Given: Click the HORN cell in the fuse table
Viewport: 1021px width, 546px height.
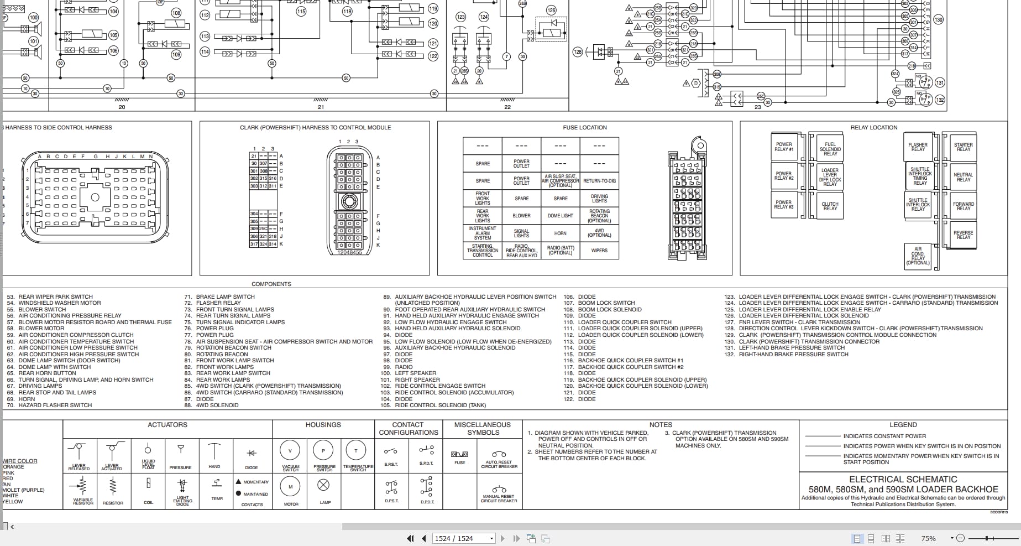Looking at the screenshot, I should coord(561,233).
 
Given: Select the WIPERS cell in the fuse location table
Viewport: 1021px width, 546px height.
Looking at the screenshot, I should coord(599,251).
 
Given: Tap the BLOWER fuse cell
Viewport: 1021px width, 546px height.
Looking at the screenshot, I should coord(521,216).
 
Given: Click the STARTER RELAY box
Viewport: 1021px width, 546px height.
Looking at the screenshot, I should coord(964,147).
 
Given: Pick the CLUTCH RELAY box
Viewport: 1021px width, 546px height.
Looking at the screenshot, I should coord(830,206).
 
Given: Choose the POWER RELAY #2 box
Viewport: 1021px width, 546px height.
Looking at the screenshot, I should coord(783,176).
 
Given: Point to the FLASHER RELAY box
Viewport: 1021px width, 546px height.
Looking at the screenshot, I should coord(918,147).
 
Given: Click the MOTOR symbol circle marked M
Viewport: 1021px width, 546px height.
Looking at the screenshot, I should coord(291,487).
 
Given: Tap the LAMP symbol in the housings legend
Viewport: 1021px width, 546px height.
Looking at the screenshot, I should coord(324,486).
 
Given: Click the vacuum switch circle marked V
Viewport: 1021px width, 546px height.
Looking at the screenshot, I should coord(290,450).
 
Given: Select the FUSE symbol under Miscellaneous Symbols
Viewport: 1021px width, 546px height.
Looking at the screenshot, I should coord(459,454).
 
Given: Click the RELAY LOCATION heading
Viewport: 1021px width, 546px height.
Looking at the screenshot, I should coord(874,127).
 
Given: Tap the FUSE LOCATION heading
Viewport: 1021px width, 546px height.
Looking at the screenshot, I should coord(585,127).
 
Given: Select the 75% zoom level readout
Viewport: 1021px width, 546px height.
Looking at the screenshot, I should coord(928,538).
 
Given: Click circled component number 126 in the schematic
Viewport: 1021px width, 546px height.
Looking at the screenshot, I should coord(551,10).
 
